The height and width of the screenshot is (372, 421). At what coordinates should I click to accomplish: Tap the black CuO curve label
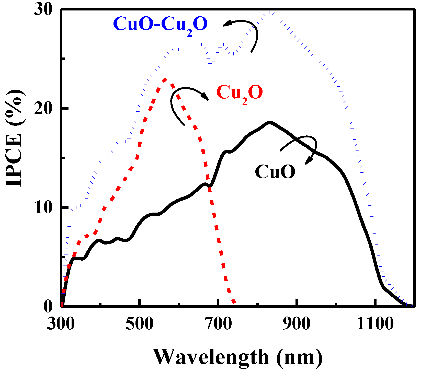point(275,172)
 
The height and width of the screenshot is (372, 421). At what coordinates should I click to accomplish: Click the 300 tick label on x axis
point(61,324)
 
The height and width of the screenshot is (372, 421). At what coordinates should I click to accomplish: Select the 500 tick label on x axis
point(139,324)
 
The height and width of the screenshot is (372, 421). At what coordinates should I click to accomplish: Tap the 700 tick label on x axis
point(218,324)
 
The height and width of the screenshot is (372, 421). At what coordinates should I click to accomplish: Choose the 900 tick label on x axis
point(297,324)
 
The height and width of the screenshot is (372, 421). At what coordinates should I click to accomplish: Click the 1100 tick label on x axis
point(375,324)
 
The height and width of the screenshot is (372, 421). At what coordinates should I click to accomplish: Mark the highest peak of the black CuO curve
point(269,122)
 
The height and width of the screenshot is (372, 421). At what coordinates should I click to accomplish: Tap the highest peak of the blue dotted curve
point(270,12)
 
